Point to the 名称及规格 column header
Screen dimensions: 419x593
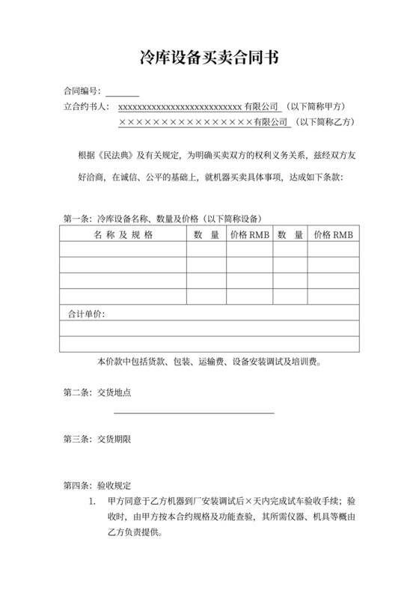pos(123,234)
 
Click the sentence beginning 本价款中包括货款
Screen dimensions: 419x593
pos(209,361)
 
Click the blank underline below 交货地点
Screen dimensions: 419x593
pos(194,411)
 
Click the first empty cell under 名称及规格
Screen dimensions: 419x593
pos(123,249)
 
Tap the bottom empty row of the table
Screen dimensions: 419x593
pos(209,344)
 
